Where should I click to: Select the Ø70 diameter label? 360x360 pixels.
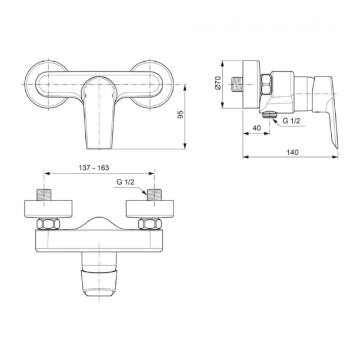218,84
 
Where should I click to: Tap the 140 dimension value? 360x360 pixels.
292,152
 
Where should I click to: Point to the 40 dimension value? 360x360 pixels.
256,128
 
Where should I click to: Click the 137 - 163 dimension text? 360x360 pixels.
94,168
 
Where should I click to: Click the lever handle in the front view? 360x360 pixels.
98,112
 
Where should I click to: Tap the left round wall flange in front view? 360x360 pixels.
45,83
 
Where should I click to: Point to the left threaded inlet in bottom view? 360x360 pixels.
45,195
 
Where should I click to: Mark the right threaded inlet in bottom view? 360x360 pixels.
155,195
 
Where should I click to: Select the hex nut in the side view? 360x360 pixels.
265,84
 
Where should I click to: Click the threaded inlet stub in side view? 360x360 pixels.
238,84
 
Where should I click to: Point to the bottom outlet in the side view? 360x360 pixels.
269,114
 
